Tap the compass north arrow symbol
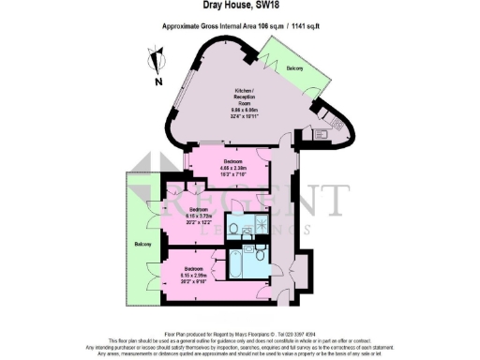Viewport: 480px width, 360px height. point(154,63)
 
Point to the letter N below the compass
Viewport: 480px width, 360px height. point(158,81)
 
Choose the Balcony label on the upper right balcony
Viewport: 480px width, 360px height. point(295,68)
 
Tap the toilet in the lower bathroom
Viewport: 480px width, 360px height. point(260,254)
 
